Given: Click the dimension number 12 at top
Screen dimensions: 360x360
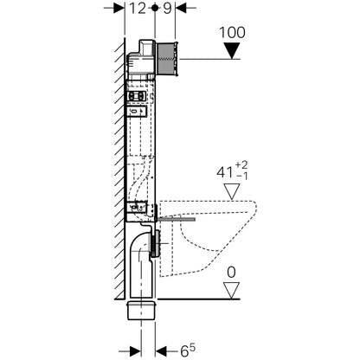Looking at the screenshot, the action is pos(138,9).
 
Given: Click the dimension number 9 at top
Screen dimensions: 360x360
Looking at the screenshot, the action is pos(167,9).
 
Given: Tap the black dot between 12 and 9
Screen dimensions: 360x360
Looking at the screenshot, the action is pos(155,8).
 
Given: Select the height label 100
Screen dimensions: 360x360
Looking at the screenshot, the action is pos(232,32).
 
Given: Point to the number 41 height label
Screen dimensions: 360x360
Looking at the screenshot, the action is pos(225,172).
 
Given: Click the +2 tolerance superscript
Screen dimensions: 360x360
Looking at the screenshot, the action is pos(241,165).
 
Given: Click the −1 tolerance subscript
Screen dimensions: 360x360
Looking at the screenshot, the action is pos(241,176).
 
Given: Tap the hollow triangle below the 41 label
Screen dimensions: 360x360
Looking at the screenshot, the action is pos(232,191).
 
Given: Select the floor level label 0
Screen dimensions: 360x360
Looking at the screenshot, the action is pos(231,273).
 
